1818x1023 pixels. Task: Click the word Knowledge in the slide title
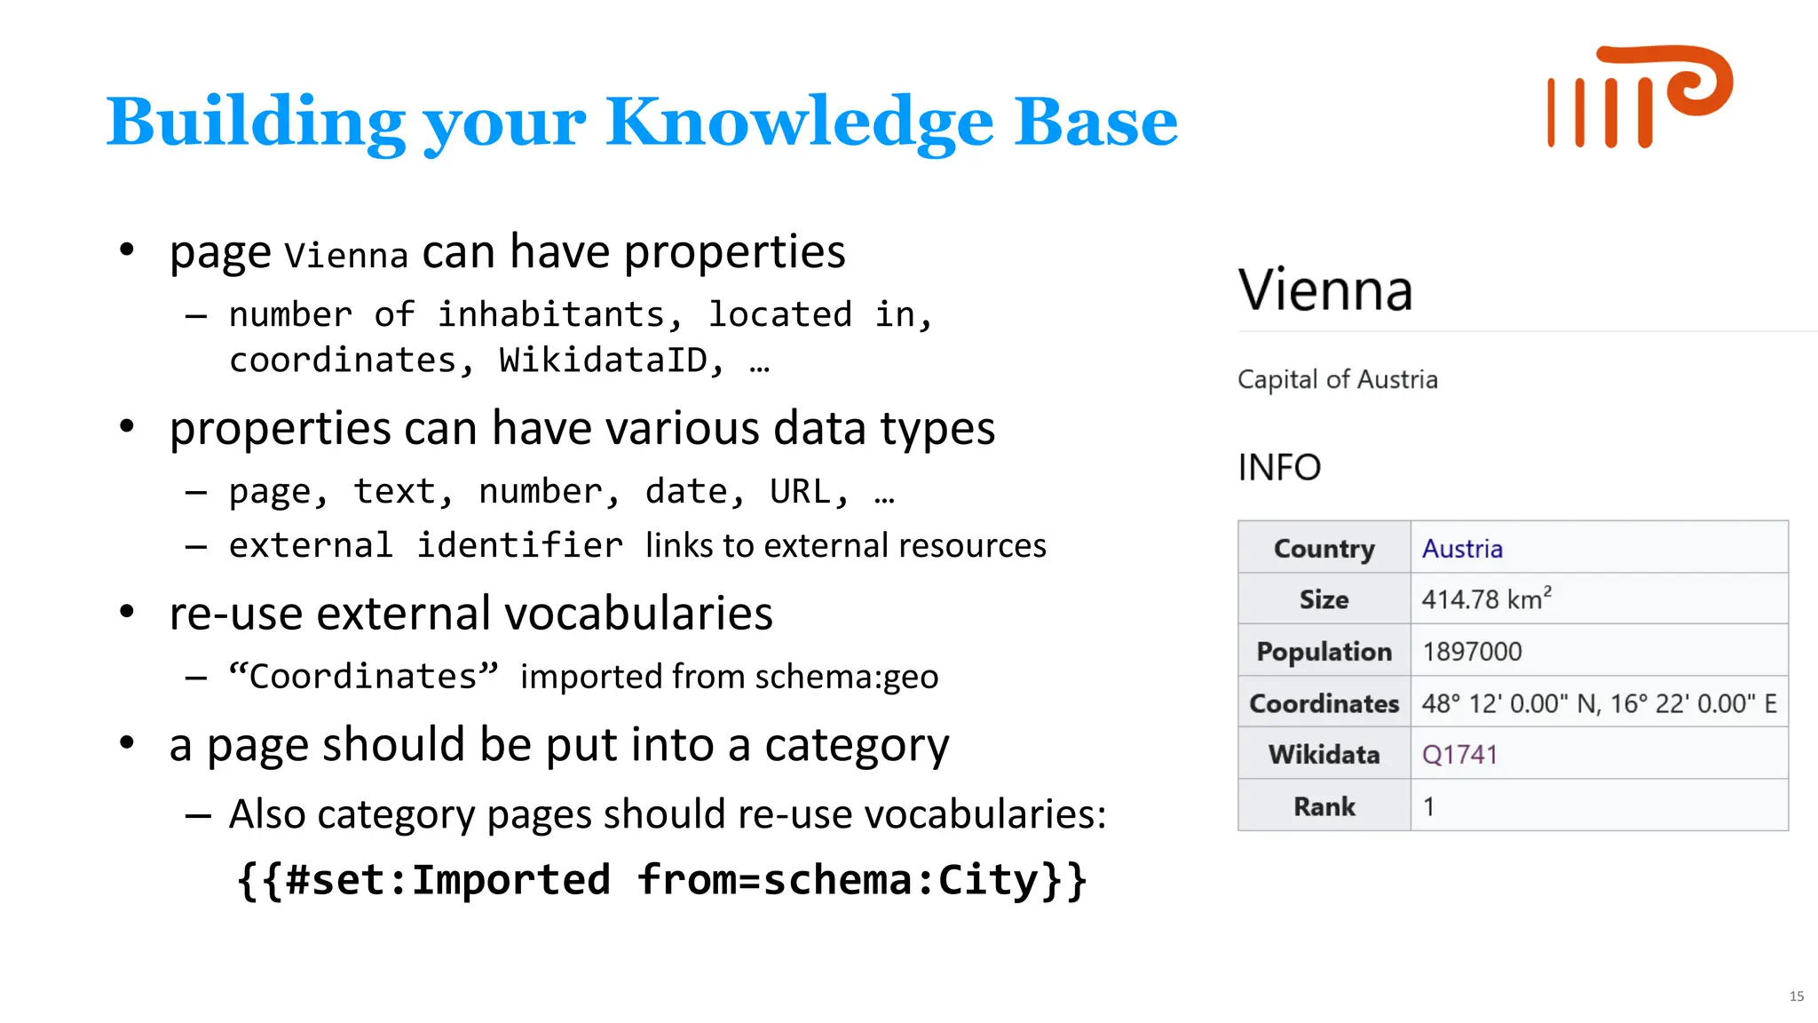799,122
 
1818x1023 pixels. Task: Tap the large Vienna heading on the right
1325,290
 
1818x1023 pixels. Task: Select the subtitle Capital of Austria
1337,380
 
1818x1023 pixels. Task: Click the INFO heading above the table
1279,467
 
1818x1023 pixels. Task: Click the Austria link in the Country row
1462,549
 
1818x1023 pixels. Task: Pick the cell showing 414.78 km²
1486,599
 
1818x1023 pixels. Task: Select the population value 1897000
1472,652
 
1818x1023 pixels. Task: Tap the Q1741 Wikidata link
1459,755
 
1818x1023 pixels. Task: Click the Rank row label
1324,806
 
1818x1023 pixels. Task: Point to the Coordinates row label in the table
1324,703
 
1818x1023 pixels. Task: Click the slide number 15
1796,996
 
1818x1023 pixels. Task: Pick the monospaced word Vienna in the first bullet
346,256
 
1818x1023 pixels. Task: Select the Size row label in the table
1324,599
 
